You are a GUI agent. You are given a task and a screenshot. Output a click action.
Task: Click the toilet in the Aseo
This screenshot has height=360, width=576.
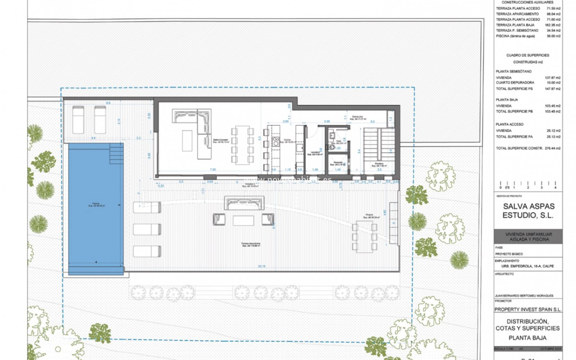coord(331,147)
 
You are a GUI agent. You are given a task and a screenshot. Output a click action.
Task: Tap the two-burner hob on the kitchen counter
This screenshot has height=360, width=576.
coord(276,141)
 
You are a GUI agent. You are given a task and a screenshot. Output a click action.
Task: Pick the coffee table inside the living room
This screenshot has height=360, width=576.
coord(187,140)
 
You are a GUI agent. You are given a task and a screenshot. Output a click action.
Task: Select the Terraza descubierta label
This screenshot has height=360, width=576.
coord(251,244)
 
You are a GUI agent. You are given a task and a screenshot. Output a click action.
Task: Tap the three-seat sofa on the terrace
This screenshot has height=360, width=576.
coord(244,203)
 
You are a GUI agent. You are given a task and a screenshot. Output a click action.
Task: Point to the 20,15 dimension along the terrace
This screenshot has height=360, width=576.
coord(262,266)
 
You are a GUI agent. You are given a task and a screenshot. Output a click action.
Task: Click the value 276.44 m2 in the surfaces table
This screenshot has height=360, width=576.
coord(553,148)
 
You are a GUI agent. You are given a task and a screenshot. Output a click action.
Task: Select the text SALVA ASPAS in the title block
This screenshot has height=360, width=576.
coord(529,206)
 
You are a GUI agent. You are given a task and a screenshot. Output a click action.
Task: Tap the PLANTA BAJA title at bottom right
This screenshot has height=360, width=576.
coord(527,338)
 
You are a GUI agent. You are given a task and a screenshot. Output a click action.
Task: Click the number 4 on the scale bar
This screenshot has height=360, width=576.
coord(555,188)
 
